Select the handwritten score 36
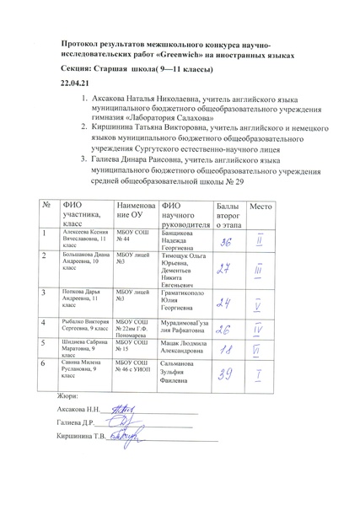[x=226, y=243]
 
